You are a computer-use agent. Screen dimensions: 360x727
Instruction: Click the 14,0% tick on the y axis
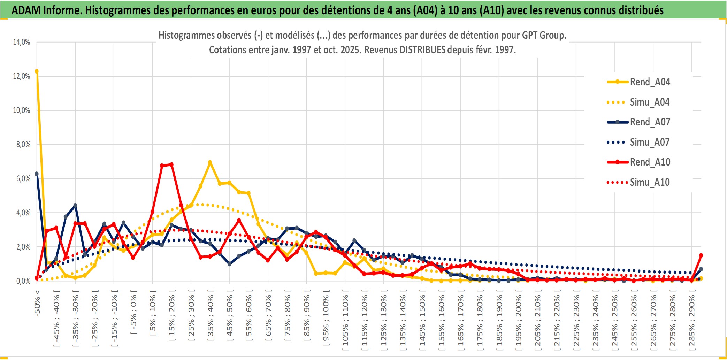pos(22,42)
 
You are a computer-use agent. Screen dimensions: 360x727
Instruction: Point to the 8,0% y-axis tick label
pos(23,144)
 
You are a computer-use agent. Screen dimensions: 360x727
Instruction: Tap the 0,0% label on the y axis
pos(23,281)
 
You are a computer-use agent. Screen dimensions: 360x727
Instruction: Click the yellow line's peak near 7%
pos(210,162)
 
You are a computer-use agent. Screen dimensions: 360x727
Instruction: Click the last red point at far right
pos(701,255)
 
